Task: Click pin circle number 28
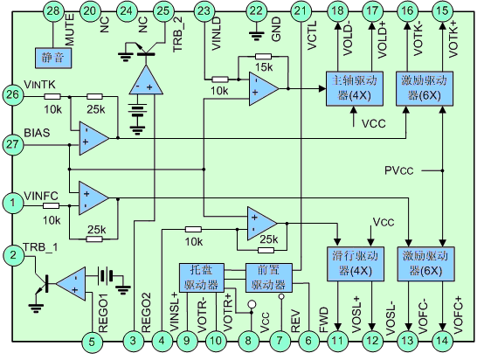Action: point(53,11)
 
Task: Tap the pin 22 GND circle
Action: point(256,11)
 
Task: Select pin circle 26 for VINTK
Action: point(12,94)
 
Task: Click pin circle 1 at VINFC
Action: point(12,203)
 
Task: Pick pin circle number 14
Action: point(442,341)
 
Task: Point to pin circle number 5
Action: point(92,342)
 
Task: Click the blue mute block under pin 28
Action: point(53,58)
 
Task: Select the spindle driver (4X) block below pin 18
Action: point(355,88)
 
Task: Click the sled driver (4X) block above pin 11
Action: point(356,264)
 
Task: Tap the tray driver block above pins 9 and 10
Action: point(201,278)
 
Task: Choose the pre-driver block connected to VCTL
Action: point(268,278)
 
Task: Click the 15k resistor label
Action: point(264,67)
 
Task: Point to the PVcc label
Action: point(398,170)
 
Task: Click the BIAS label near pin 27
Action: point(37,133)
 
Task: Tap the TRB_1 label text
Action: point(40,247)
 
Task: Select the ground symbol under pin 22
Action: point(256,34)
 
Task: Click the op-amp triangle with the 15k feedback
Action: point(264,89)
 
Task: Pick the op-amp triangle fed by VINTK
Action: point(94,138)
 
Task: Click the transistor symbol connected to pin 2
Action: point(42,283)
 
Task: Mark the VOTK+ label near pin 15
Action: point(453,38)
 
